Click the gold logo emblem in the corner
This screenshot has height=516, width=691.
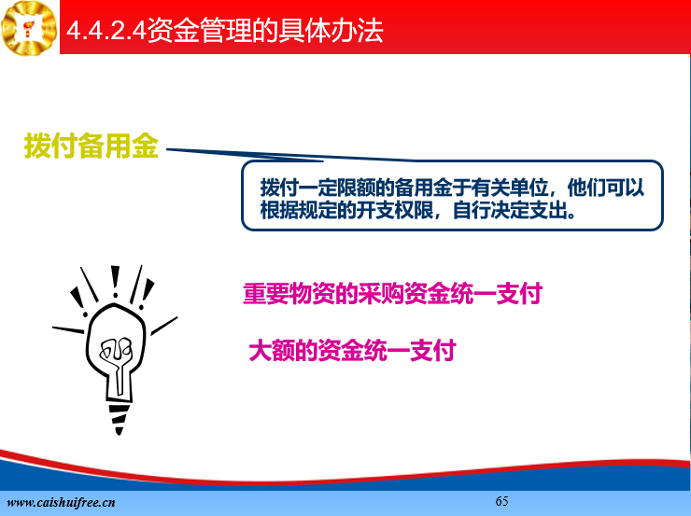pos(29,28)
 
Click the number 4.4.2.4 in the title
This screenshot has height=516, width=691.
pos(106,31)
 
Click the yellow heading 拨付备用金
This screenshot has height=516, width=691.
pos(92,146)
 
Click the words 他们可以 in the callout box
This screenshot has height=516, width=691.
pos(605,188)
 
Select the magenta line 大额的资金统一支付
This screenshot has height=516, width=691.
pos(352,351)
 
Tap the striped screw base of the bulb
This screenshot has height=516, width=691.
pos(119,418)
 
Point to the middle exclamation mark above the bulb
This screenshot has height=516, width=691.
pos(115,281)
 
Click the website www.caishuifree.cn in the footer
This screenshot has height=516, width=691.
pos(62,502)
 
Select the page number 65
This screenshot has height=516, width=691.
pos(501,501)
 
